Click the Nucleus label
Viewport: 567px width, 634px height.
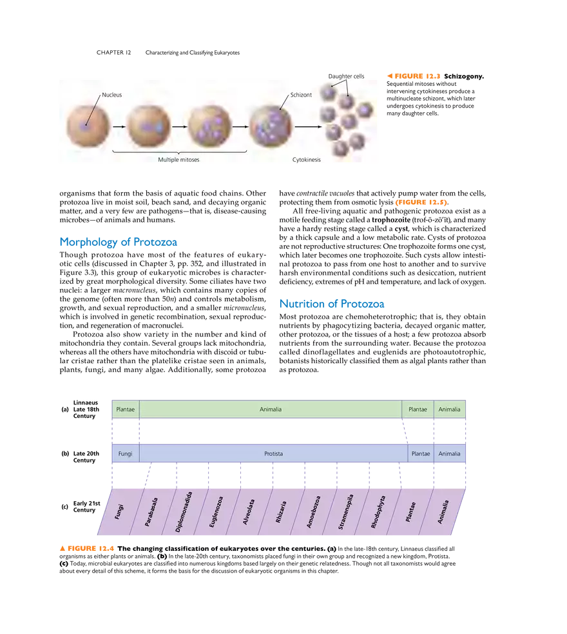pos(112,95)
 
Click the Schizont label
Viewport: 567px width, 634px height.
pos(301,95)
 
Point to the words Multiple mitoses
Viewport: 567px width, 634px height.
pos(179,159)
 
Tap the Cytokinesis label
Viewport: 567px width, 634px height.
pos(307,159)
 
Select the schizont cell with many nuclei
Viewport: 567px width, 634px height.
pos(271,126)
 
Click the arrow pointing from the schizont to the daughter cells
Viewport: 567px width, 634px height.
pos(308,126)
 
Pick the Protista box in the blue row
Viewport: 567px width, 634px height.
pos(273,453)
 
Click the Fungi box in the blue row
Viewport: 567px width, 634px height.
pos(125,453)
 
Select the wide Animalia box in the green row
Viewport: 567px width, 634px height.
pos(270,409)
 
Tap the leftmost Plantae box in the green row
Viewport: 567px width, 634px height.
pos(125,409)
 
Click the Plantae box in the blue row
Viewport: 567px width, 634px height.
pos(421,453)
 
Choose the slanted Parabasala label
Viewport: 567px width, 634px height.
pos(152,512)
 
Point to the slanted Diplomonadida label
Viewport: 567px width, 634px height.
pos(184,512)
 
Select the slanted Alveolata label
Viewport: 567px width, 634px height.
pos(249,513)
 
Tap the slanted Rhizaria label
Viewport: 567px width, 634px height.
pos(281,513)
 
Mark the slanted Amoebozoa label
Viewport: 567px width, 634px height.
pos(313,513)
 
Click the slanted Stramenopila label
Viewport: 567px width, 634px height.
pos(346,513)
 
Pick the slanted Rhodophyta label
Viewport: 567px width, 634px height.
pos(378,513)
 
